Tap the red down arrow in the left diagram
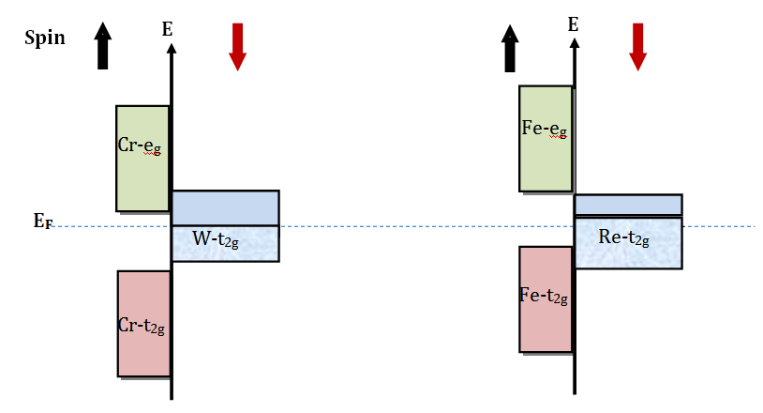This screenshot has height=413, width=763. (x=237, y=47)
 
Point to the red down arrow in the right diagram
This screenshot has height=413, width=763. (x=638, y=46)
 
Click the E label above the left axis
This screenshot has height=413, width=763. (x=167, y=29)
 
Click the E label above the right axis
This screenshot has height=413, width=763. (x=573, y=24)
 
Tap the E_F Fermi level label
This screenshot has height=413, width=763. (x=41, y=222)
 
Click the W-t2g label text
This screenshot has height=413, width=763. (x=217, y=239)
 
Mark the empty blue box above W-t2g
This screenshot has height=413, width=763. (x=225, y=207)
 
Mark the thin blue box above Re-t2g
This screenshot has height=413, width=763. (x=627, y=205)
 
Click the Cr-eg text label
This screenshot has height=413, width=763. (x=142, y=145)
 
